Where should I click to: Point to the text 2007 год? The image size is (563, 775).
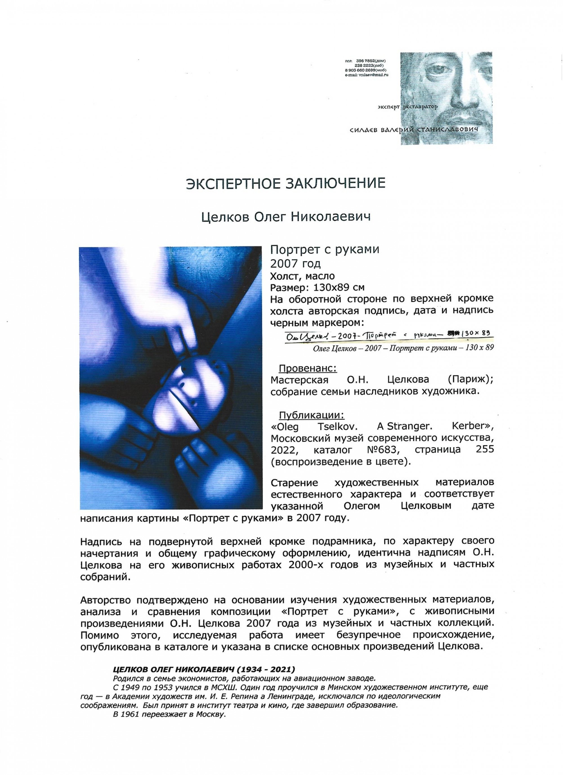click(295, 263)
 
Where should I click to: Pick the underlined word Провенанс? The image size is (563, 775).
click(308, 368)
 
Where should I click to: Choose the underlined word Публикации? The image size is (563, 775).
click(311, 415)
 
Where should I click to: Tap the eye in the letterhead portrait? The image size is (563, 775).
click(441, 71)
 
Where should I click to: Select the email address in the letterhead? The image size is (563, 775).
click(367, 75)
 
